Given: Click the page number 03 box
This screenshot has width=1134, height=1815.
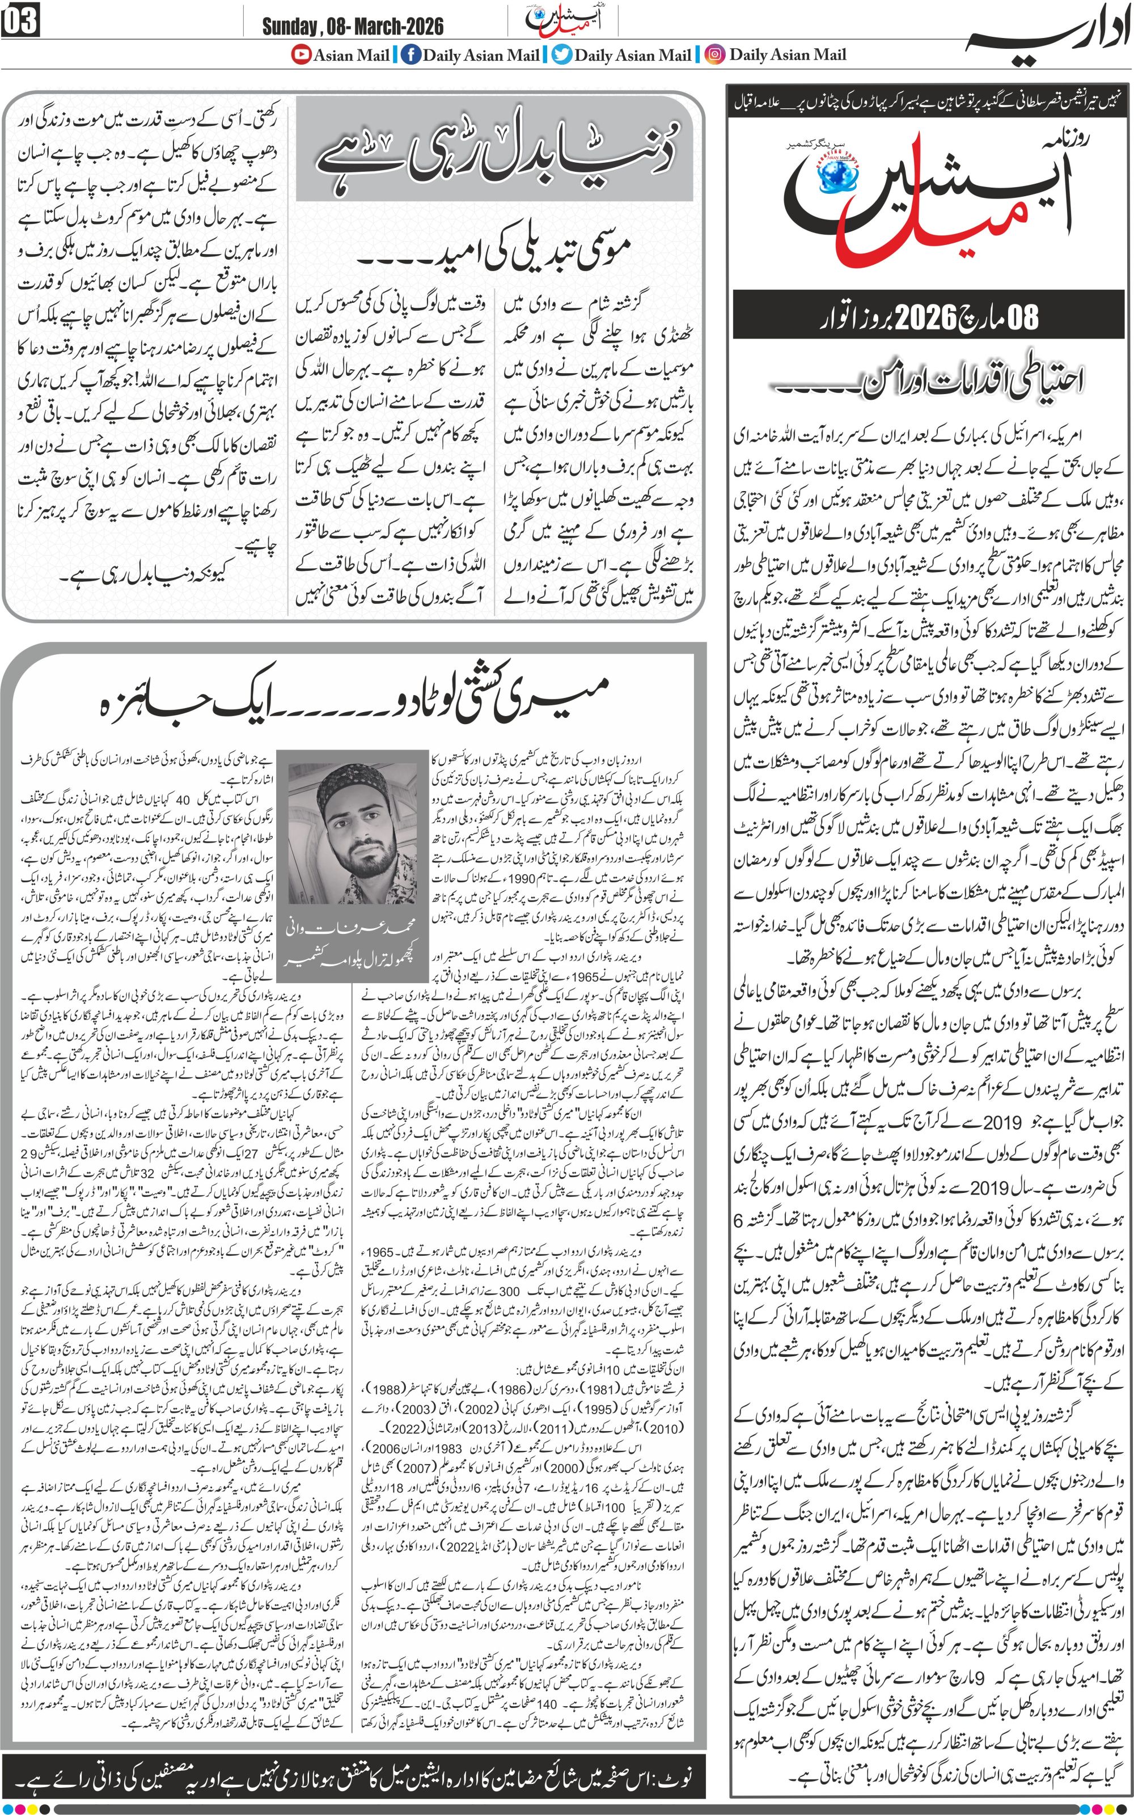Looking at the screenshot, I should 20,23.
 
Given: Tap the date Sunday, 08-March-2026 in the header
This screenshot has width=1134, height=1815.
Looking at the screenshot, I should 353,27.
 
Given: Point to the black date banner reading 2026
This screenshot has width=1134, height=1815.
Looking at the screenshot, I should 930,316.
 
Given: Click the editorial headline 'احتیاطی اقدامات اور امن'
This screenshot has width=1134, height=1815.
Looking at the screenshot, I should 930,383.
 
